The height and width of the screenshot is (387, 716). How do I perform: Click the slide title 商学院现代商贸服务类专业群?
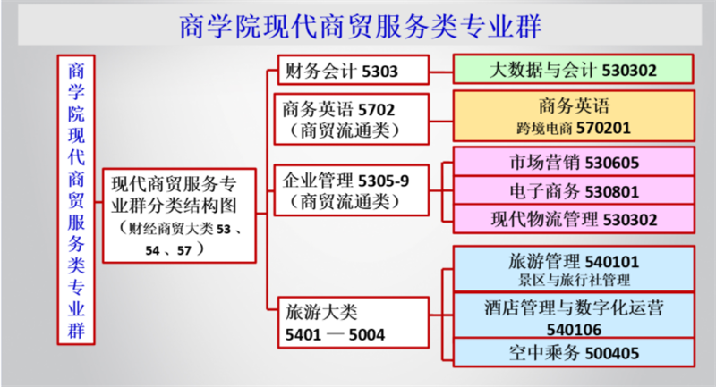point(361,26)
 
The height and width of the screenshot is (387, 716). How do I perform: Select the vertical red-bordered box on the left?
point(76,200)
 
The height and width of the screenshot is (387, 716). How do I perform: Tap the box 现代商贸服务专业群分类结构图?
point(180,215)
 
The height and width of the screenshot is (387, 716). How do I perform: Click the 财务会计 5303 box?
point(354,71)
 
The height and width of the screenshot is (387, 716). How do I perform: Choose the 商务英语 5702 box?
point(352,120)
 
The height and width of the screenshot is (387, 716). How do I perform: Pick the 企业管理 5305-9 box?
point(352,190)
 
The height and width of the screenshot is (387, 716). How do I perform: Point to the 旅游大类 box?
point(354,323)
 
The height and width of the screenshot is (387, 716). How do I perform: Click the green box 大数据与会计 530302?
point(574,70)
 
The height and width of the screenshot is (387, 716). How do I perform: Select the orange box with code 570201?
point(574,116)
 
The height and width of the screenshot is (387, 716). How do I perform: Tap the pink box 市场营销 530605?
point(574,162)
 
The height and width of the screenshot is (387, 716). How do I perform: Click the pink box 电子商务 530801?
point(574,190)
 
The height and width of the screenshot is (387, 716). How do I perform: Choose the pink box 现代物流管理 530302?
point(574,219)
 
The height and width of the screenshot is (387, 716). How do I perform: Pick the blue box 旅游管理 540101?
point(574,268)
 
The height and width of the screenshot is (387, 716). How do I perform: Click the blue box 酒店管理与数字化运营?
point(574,315)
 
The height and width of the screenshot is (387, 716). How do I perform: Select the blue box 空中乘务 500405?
point(574,352)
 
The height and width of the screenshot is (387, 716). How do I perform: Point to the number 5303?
point(379,72)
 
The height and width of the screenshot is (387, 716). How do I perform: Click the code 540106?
point(574,329)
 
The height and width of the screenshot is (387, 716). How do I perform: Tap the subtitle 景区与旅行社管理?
point(574,280)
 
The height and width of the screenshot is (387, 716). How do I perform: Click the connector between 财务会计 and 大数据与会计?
point(441,72)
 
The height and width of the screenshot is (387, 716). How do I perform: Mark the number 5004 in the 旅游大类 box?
point(367,335)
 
